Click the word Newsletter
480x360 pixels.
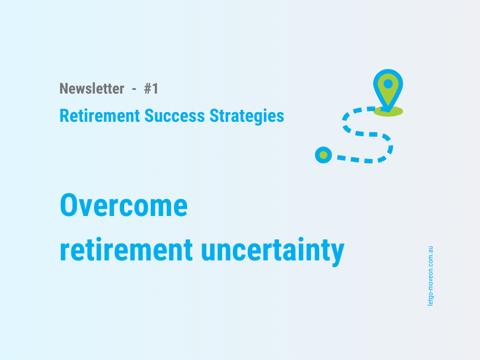point(92,89)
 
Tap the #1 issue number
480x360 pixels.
point(151,89)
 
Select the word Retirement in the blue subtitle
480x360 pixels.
point(100,116)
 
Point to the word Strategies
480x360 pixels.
point(247,116)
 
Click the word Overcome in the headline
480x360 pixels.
point(124,206)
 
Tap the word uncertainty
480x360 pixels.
point(273,250)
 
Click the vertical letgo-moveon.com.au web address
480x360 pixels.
point(430,275)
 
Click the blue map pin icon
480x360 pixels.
point(388,89)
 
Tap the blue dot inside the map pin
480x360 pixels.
point(388,83)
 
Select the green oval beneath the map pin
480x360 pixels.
point(388,111)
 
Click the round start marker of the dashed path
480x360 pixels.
point(323,155)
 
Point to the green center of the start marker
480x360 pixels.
point(323,155)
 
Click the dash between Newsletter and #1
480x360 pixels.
point(134,89)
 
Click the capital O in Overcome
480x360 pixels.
point(70,206)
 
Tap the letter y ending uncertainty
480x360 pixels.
point(338,253)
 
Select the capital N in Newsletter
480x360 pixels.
point(64,89)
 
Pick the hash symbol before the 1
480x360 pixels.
point(148,89)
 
